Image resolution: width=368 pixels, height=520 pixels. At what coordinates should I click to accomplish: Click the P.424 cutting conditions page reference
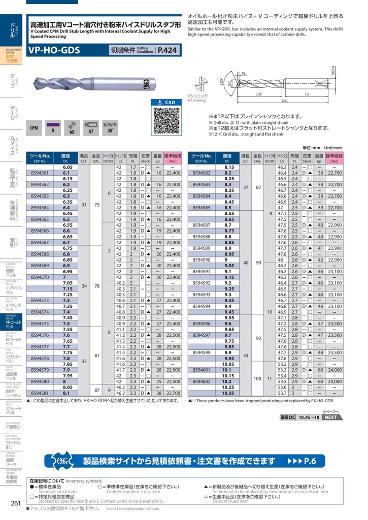[x=167, y=50]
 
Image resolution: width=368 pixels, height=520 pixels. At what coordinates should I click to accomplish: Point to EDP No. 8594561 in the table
[x=41, y=173]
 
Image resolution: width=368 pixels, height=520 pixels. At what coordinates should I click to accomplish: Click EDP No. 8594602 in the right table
[x=202, y=381]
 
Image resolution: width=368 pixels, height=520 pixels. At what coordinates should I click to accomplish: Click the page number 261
[x=15, y=504]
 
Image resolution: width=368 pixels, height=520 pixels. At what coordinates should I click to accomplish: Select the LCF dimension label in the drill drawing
[x=259, y=94]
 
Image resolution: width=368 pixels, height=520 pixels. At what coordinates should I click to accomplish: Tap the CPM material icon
[x=34, y=128]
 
